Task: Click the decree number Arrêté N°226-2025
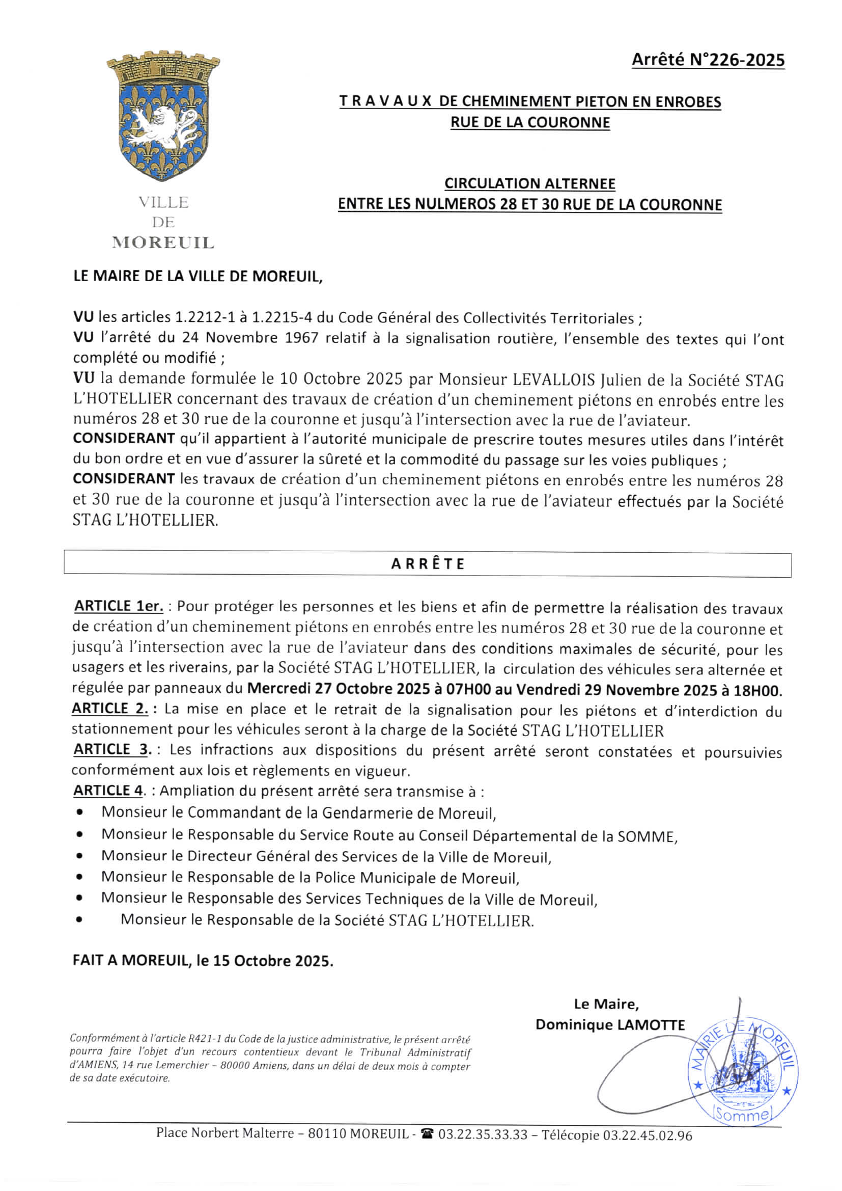tap(708, 60)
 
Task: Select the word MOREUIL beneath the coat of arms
tap(163, 243)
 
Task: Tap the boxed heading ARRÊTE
tap(427, 564)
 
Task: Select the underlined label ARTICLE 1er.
tap(119, 606)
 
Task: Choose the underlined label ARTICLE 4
tap(108, 791)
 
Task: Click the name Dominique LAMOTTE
tap(610, 1024)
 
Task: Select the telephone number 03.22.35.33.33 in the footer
tap(482, 1135)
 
